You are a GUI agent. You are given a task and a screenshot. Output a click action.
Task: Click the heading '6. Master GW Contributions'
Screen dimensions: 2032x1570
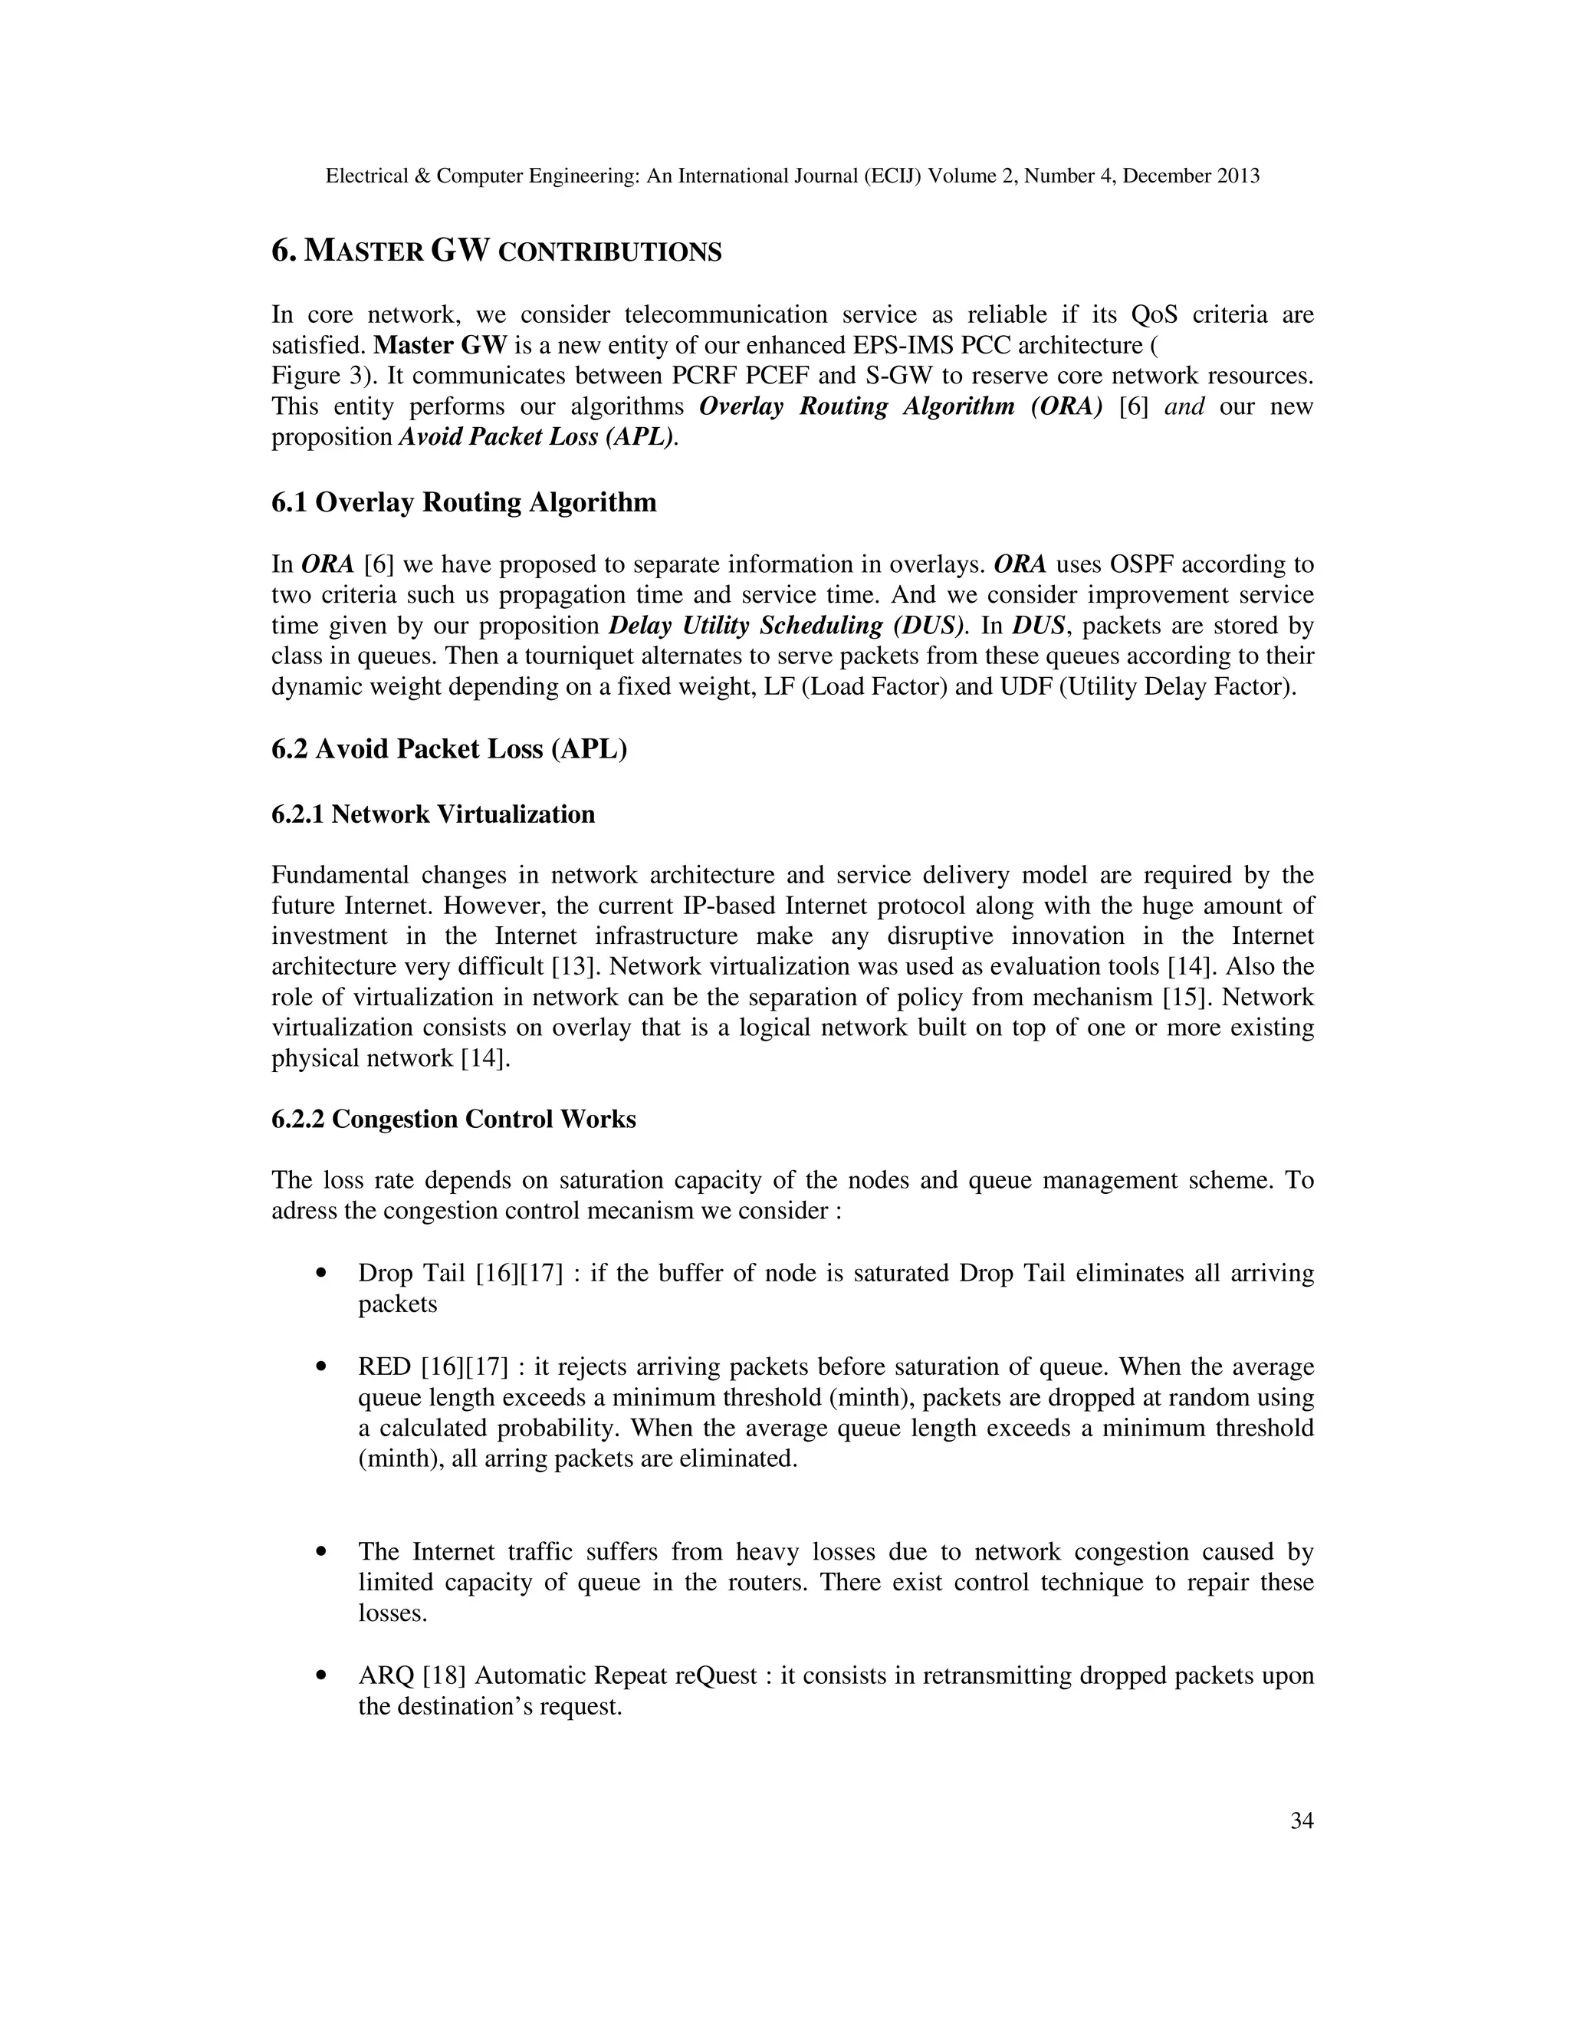496,252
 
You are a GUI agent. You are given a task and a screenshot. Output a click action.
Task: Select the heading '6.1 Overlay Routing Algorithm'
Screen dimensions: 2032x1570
463,502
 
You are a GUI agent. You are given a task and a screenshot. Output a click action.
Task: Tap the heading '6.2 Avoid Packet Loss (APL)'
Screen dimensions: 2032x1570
449,749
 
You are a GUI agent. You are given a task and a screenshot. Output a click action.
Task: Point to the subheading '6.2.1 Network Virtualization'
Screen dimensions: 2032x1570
432,814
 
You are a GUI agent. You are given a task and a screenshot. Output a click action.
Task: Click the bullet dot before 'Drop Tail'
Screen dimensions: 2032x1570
322,1274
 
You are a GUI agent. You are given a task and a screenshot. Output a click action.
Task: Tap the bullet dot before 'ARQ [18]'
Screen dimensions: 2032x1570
322,1676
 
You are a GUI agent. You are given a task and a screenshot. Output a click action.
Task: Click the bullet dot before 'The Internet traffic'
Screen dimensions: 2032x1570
322,1553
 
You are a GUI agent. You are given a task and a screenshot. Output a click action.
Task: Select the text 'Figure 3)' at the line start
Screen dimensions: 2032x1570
322,376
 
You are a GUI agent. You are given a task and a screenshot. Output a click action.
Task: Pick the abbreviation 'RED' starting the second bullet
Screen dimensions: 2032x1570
384,1366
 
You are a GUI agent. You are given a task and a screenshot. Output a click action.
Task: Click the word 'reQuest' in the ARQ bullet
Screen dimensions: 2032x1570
716,1676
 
